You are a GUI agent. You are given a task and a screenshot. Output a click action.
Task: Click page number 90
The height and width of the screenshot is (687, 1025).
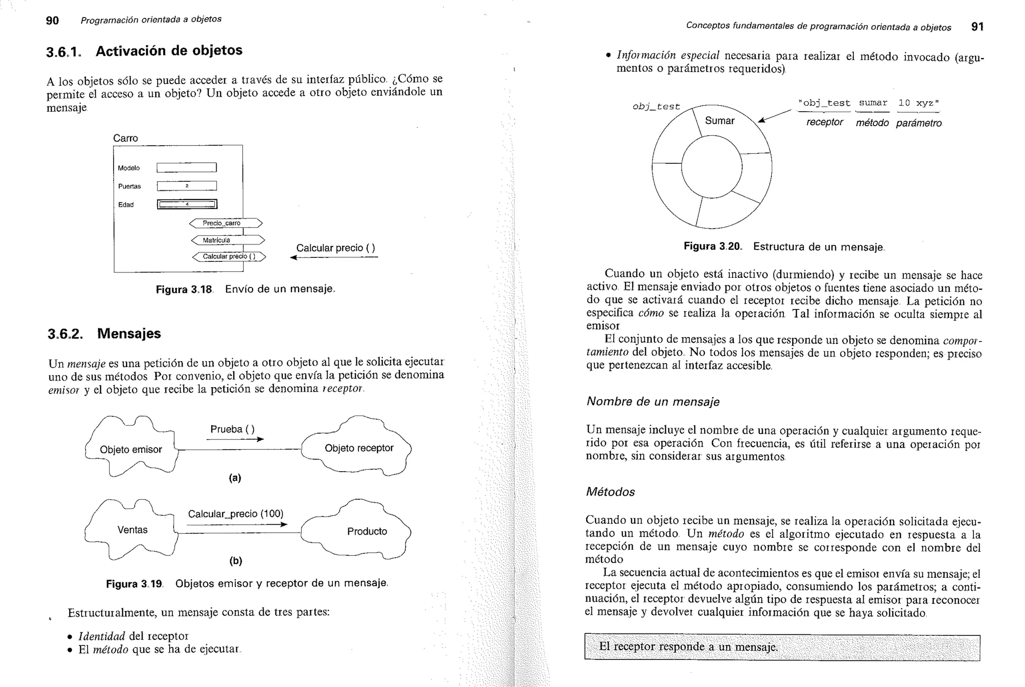click(52, 21)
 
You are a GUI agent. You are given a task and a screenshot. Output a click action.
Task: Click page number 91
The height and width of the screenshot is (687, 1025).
click(977, 27)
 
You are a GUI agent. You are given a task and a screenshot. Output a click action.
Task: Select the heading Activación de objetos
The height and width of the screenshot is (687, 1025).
click(169, 51)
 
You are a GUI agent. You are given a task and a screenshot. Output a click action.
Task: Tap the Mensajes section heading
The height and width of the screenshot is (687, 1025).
click(129, 333)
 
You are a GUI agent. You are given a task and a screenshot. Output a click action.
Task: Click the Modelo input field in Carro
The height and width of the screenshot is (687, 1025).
click(186, 168)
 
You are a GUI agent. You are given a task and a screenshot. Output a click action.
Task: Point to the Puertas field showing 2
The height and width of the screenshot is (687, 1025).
click(186, 186)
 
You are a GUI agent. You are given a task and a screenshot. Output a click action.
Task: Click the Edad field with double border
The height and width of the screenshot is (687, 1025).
click(187, 204)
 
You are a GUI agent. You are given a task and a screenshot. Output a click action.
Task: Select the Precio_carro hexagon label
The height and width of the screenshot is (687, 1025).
click(226, 223)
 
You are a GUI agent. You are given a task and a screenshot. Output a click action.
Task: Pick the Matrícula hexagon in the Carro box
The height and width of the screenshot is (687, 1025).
click(227, 240)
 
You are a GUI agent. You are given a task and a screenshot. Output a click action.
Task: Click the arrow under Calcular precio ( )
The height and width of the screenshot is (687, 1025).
click(334, 257)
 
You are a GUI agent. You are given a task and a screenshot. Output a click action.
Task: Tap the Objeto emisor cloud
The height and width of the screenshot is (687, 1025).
click(131, 449)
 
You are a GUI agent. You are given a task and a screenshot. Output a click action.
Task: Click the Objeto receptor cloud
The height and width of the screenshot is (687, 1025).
click(358, 448)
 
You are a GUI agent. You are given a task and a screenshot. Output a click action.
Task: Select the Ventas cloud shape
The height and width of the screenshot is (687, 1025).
click(132, 530)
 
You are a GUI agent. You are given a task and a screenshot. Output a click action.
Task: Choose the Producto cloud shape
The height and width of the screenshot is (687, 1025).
click(366, 531)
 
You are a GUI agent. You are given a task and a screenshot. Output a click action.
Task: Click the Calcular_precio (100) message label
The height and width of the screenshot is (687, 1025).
click(235, 514)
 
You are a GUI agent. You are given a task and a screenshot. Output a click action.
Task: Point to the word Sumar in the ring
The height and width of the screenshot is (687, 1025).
click(719, 121)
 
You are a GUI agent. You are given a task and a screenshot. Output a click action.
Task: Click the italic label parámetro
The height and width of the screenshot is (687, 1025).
click(918, 123)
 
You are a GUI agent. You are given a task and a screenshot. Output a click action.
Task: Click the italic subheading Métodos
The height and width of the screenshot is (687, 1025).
click(610, 492)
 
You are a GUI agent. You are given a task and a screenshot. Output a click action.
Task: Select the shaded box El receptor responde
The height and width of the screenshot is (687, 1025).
click(782, 647)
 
